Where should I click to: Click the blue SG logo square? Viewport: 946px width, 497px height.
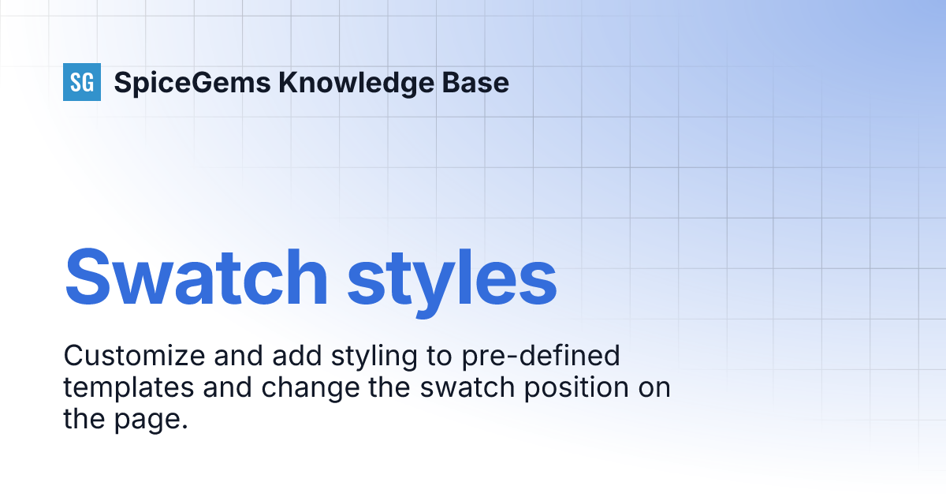coord(82,82)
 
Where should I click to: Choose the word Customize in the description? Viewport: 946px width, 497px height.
coord(131,356)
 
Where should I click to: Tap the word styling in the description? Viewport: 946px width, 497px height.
coord(367,357)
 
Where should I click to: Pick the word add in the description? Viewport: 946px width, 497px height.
coord(289,356)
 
